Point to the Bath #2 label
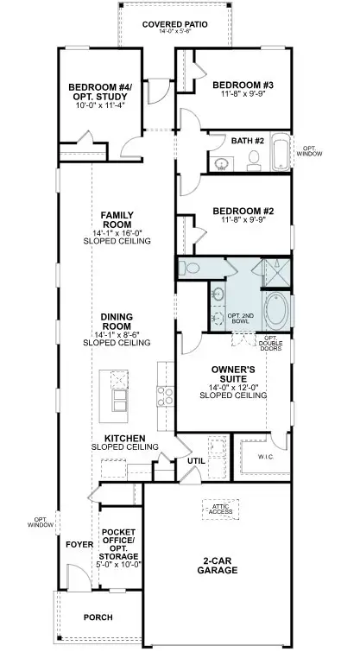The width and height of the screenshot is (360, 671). [x=248, y=139]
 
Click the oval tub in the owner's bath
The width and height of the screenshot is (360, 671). [x=277, y=308]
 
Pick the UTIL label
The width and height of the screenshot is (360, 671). [x=197, y=460]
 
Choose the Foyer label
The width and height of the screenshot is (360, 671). [x=79, y=544]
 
